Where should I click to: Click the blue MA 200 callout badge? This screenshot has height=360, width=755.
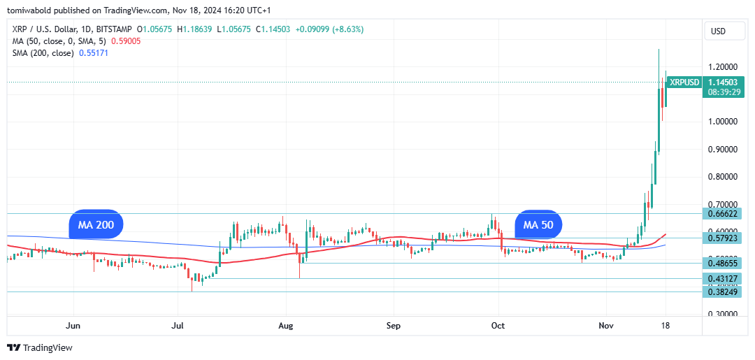coord(96,224)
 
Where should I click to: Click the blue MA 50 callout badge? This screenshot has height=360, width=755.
coord(538,224)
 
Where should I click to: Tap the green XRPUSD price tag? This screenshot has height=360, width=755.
coord(684,82)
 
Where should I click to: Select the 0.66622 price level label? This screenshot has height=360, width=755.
coord(724,213)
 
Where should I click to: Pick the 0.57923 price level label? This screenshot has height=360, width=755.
coord(724,238)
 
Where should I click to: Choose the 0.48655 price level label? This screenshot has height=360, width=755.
coord(724,263)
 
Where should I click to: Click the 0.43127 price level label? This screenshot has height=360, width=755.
coord(724,278)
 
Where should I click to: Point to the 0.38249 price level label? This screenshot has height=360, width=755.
coord(724,291)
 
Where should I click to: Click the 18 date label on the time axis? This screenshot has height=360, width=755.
coord(666,326)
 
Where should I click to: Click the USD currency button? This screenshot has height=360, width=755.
coord(718,31)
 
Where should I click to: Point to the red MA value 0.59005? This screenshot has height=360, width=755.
coord(126,41)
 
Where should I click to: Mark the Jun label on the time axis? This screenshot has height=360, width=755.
coord(73,326)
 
